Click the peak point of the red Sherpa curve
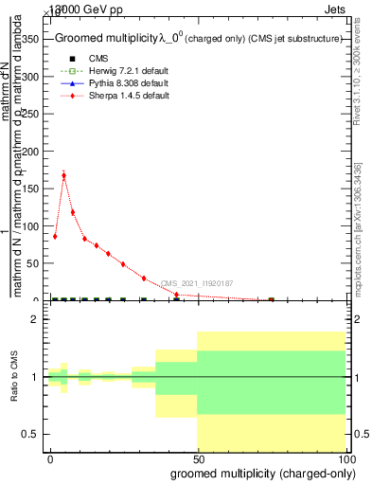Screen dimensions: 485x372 tap(63, 175)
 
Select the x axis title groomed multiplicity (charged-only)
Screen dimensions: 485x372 tap(258, 473)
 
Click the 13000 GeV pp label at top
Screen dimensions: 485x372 tap(83, 8)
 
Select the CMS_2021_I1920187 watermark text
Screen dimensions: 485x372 tap(197, 283)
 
